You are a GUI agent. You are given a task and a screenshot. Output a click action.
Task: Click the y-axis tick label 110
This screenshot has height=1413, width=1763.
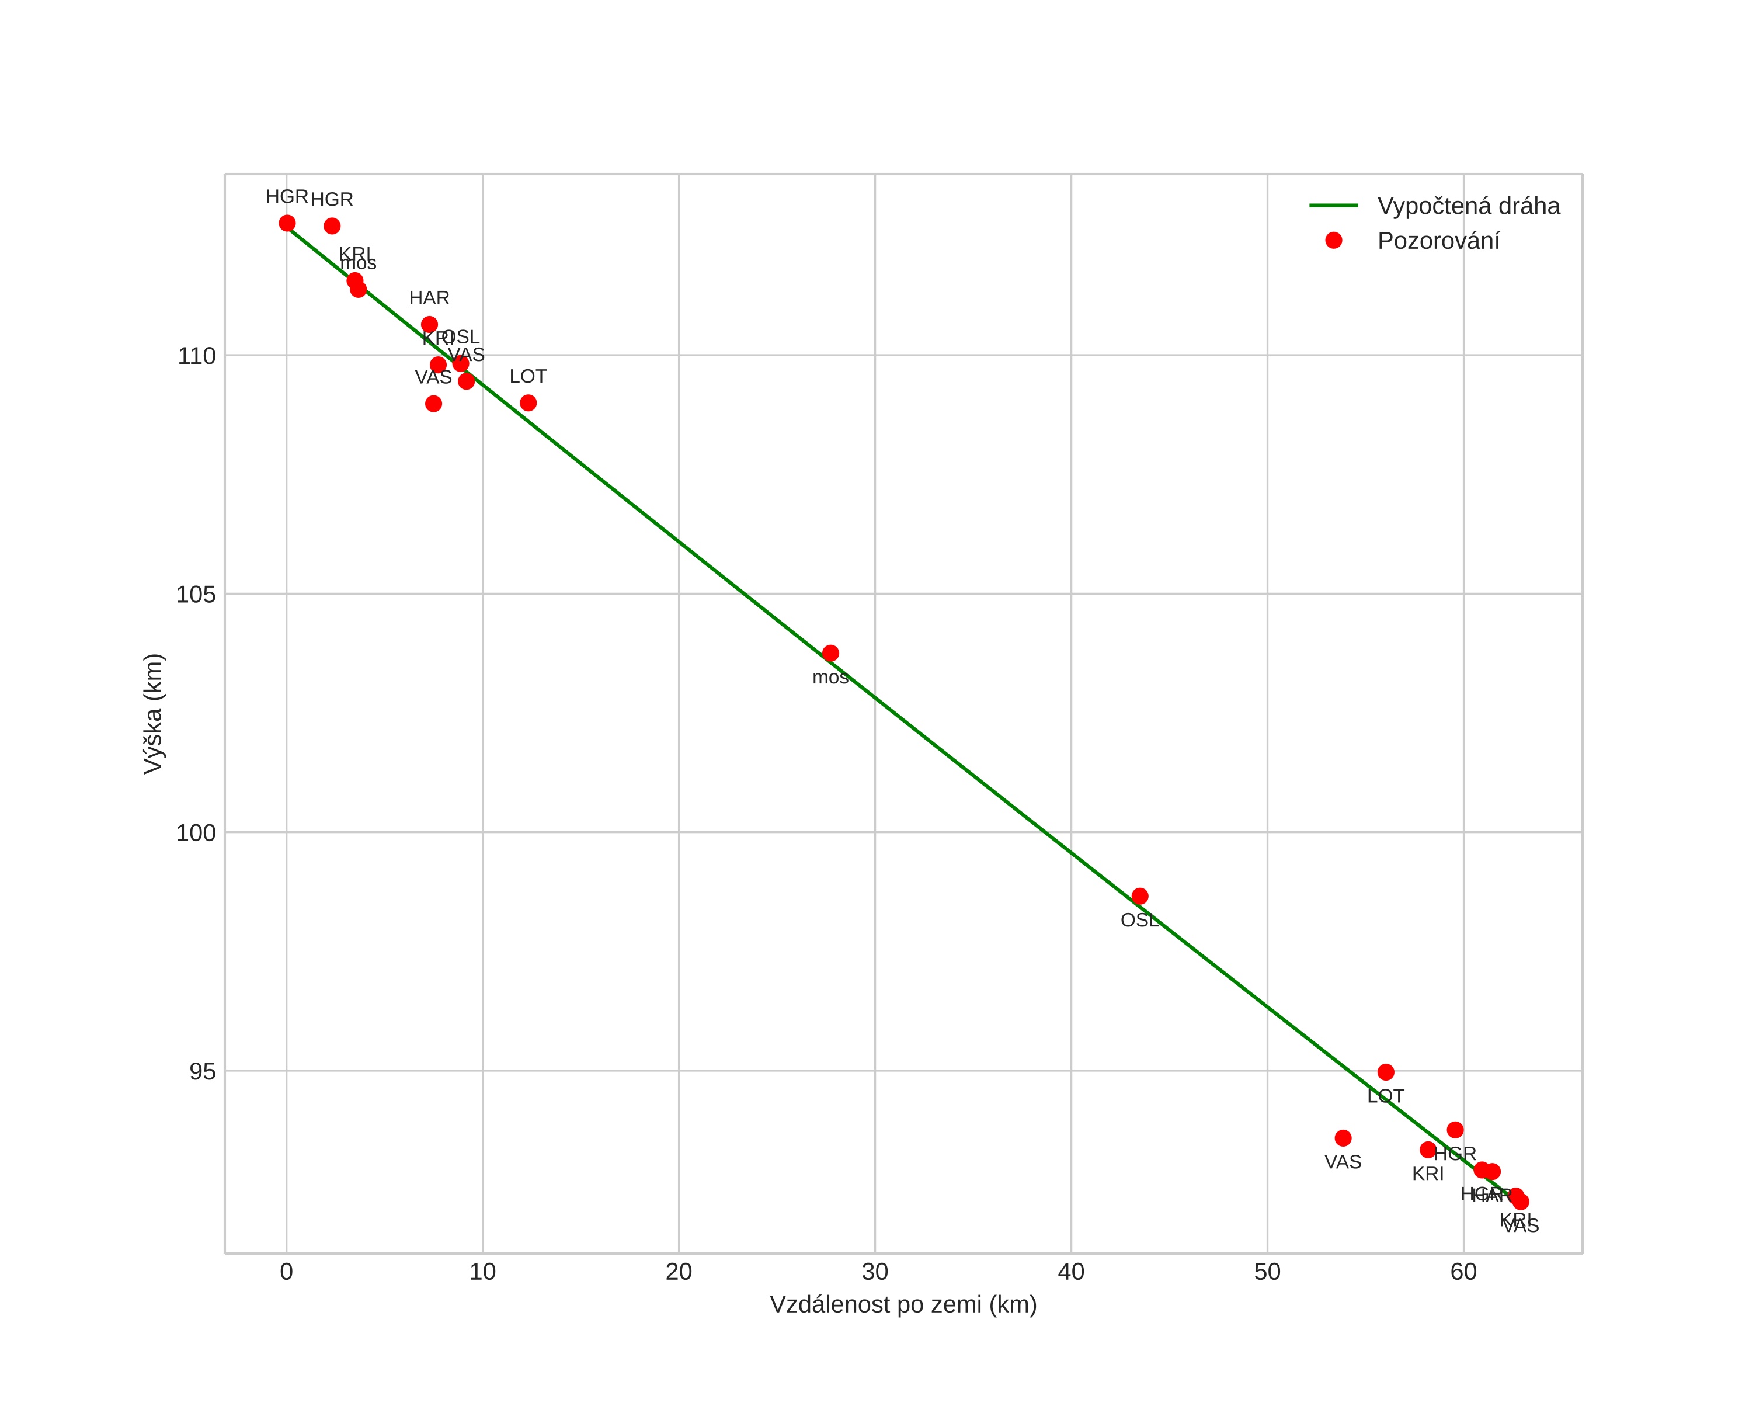click(x=196, y=356)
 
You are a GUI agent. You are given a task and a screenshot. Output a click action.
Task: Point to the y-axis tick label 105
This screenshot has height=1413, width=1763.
click(x=196, y=595)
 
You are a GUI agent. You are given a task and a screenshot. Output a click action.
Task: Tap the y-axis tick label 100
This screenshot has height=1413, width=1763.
click(x=196, y=833)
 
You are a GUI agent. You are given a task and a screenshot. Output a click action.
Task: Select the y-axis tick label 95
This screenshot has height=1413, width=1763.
click(x=202, y=1072)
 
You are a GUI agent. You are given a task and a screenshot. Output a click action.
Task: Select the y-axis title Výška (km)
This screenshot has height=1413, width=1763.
click(x=153, y=714)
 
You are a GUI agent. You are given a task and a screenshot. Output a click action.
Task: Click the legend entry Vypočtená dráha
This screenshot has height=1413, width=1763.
click(x=1468, y=206)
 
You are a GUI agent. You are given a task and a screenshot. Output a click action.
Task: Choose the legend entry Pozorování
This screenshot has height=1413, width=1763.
click(x=1438, y=241)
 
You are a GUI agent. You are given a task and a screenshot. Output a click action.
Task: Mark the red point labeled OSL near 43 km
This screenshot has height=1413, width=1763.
click(x=1140, y=896)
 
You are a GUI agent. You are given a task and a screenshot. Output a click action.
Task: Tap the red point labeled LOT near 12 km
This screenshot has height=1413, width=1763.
click(x=528, y=403)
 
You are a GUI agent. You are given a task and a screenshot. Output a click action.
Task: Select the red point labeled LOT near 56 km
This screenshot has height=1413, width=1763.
click(x=1386, y=1072)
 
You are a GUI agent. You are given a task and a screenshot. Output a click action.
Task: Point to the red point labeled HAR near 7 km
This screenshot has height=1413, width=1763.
click(x=429, y=325)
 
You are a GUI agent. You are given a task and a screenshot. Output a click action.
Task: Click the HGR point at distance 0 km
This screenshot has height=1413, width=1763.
click(x=287, y=223)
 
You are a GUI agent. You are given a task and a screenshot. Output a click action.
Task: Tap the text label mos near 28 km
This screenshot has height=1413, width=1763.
click(x=830, y=678)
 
